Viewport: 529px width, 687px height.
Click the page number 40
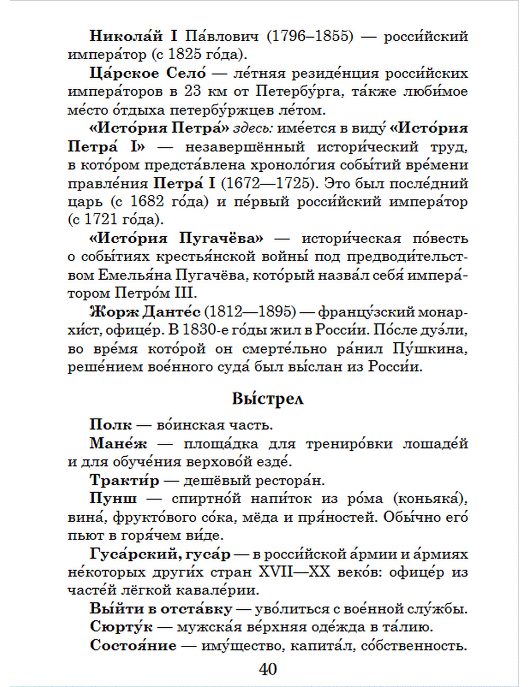click(x=268, y=669)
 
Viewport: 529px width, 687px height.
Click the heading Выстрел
click(x=268, y=398)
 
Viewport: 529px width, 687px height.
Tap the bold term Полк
click(x=111, y=425)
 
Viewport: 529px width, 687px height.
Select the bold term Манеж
click(x=118, y=443)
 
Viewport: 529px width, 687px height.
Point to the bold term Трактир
click(x=124, y=480)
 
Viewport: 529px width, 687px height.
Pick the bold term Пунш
click(x=113, y=498)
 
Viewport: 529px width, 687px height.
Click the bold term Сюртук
click(x=121, y=627)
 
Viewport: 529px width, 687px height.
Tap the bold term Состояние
click(x=133, y=645)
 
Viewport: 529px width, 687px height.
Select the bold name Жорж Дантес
click(x=145, y=311)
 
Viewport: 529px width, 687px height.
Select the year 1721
click(x=101, y=220)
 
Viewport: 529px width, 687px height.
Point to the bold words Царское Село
click(x=148, y=73)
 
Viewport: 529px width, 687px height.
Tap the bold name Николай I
click(x=134, y=36)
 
